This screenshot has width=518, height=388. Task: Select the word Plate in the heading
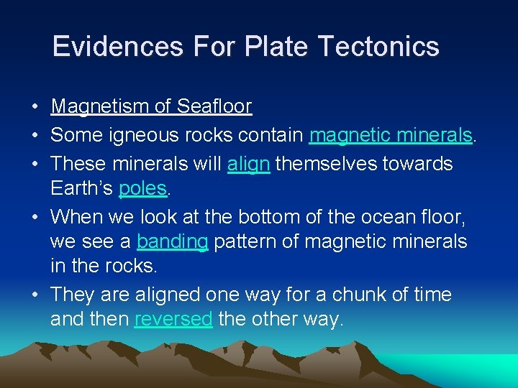coord(276,47)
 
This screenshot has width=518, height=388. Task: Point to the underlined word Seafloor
coord(214,107)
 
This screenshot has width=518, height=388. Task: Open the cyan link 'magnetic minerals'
coord(391,135)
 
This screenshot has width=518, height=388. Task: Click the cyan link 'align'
coord(248,164)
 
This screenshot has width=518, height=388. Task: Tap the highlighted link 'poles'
coord(142,189)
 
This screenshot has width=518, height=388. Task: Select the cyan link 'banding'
coord(172,241)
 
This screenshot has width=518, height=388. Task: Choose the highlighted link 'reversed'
coord(173,319)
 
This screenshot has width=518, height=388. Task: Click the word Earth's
coord(81,189)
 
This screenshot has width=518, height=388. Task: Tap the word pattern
coord(242,241)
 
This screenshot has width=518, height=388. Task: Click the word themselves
coord(330,164)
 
